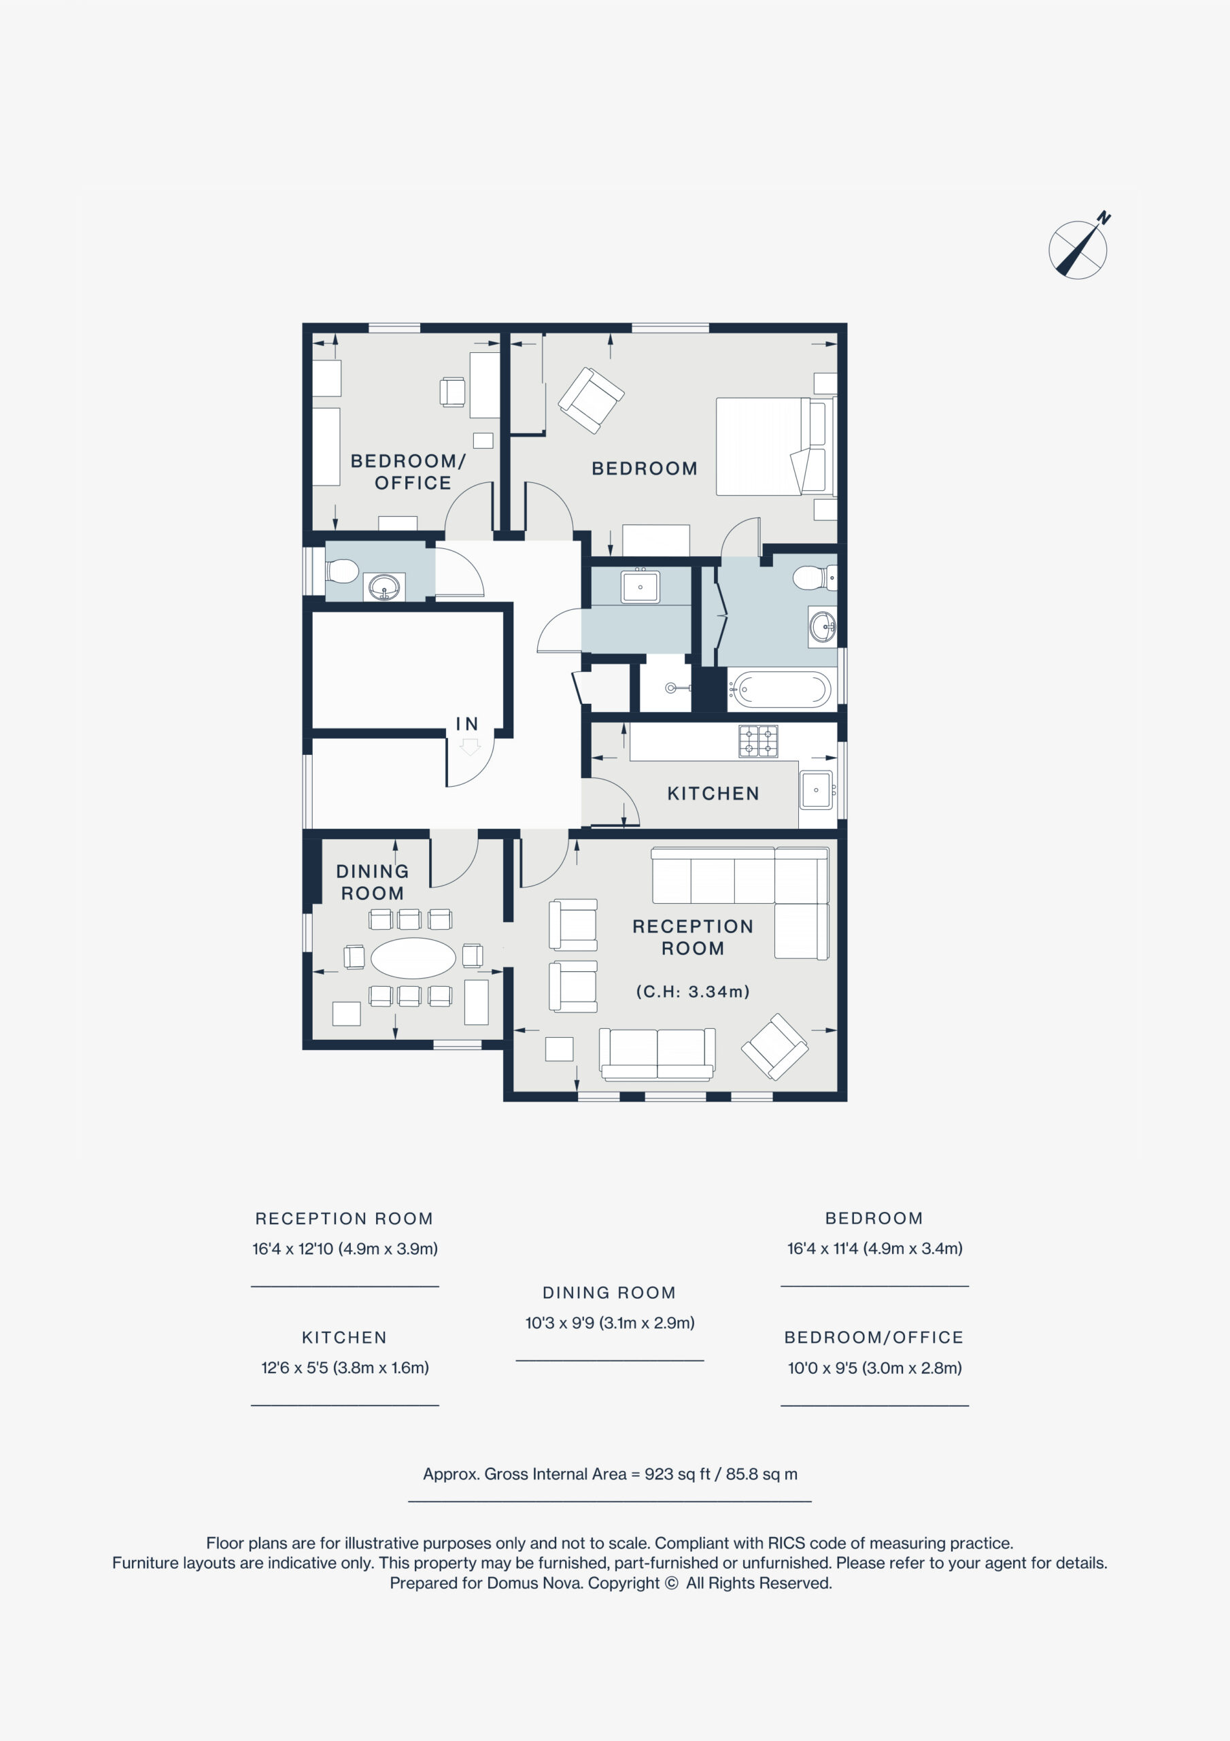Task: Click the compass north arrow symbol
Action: click(x=1078, y=248)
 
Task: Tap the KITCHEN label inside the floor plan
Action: click(x=713, y=793)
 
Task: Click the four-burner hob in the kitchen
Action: click(x=758, y=741)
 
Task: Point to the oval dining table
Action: click(x=413, y=958)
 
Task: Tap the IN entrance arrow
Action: click(x=469, y=747)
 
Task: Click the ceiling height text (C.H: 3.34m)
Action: click(x=692, y=991)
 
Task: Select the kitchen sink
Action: click(x=816, y=790)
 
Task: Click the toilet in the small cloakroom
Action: click(x=342, y=571)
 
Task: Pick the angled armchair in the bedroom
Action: click(x=591, y=400)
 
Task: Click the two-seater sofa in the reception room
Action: click(x=657, y=1053)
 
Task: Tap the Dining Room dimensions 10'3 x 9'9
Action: click(x=610, y=1323)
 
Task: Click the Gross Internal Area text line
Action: click(x=610, y=1473)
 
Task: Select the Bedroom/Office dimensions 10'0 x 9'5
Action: click(x=874, y=1367)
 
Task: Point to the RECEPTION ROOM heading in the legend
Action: click(x=344, y=1218)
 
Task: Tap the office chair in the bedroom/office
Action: click(x=452, y=391)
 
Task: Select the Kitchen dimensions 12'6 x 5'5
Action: click(x=345, y=1367)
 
